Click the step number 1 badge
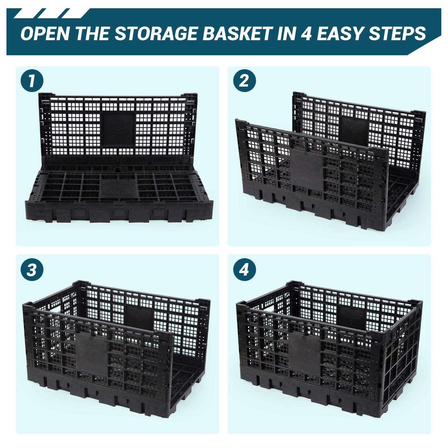(x=32, y=81)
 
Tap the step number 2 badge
(x=244, y=81)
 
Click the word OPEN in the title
(x=45, y=33)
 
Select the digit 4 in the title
(x=306, y=33)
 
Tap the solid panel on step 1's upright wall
(x=118, y=129)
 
